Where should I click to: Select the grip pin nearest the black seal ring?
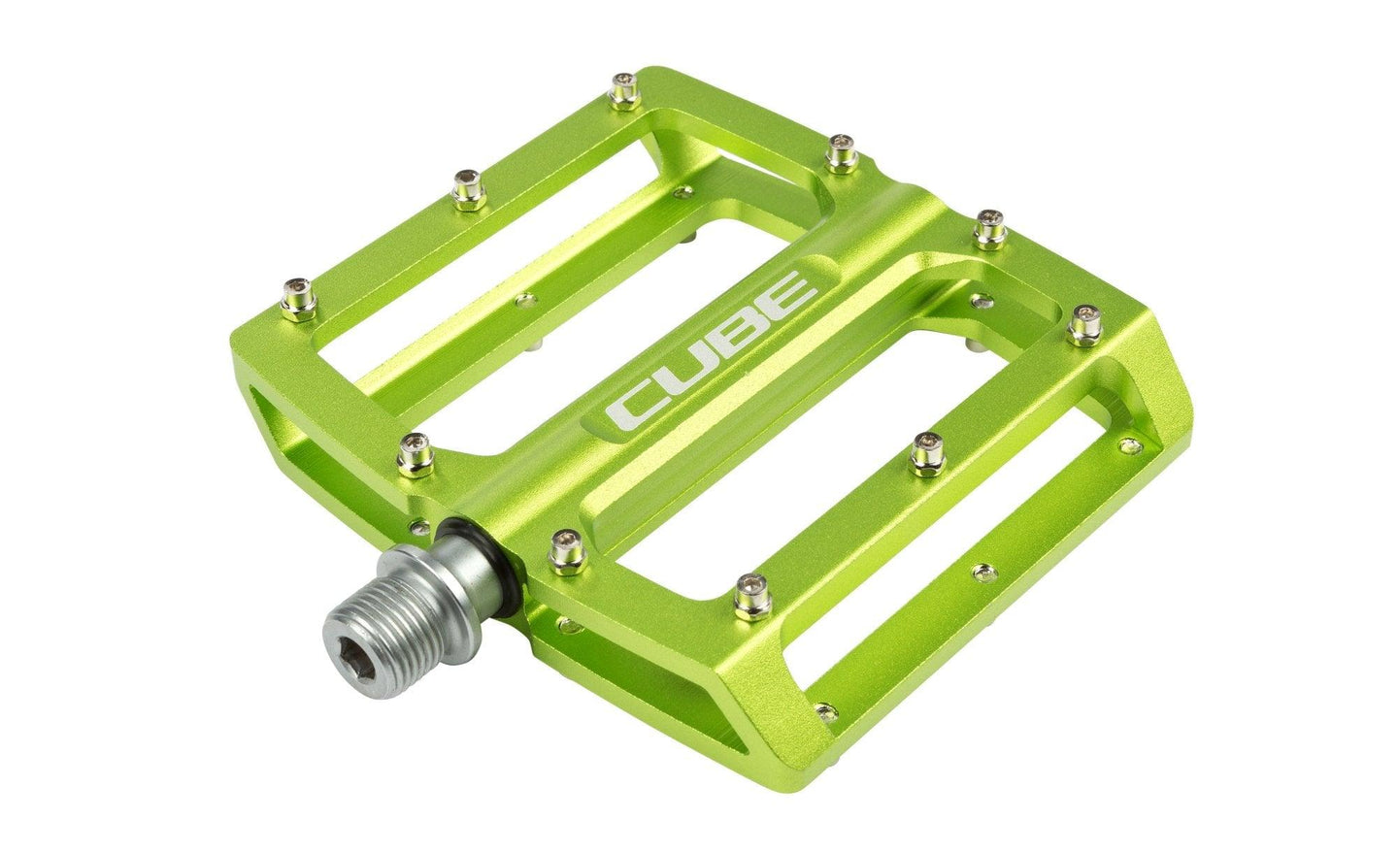click(x=561, y=545)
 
